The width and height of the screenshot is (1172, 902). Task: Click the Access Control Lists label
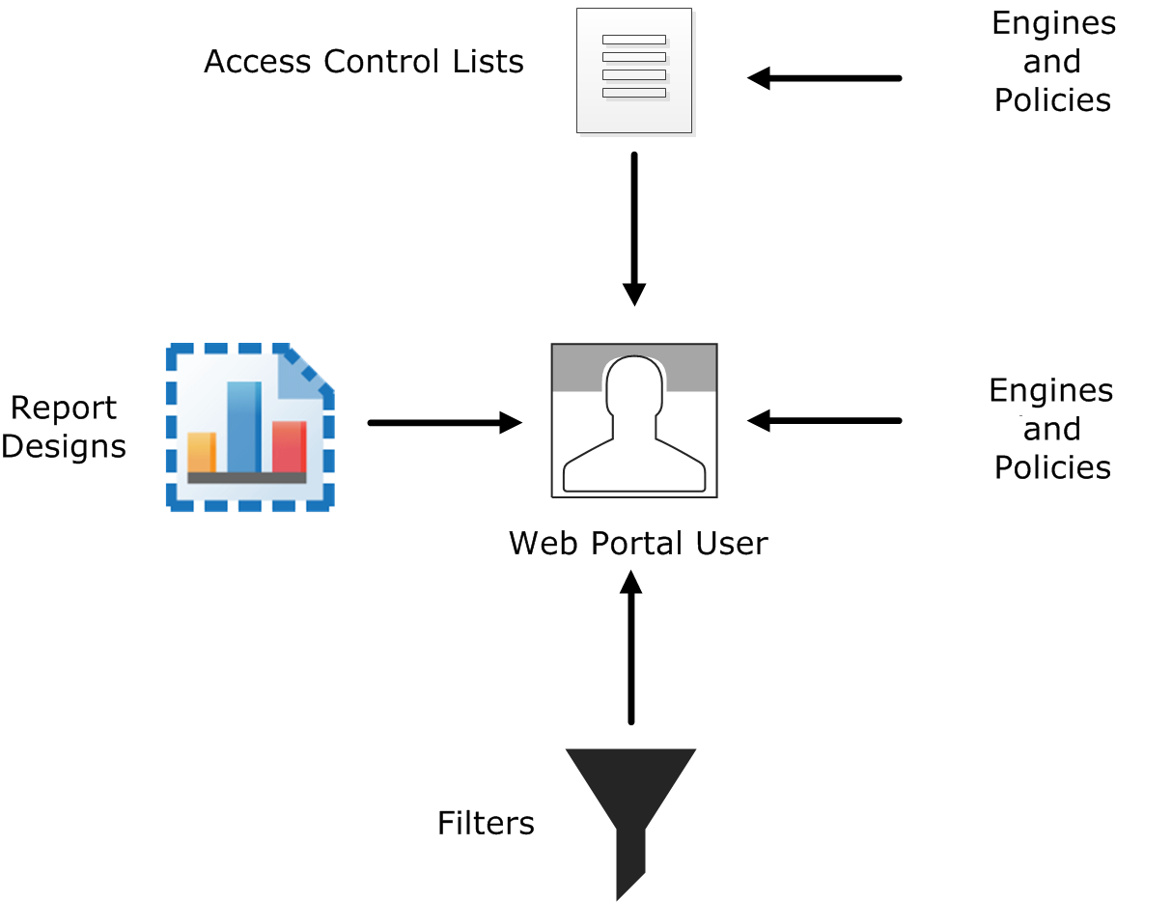tap(364, 62)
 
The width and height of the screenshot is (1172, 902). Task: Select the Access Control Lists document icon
tap(634, 70)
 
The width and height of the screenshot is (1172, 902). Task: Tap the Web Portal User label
tap(638, 543)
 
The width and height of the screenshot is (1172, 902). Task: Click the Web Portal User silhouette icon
tap(634, 421)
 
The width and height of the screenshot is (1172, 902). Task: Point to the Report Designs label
tap(64, 427)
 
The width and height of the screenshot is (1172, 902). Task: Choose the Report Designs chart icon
tap(250, 426)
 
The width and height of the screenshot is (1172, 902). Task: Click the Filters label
tap(486, 823)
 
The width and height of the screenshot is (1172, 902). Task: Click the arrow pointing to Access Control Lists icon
tap(824, 78)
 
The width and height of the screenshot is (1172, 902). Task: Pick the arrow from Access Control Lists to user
tap(634, 228)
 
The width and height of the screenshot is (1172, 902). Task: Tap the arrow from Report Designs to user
tap(444, 422)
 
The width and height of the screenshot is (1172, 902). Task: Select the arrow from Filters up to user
tap(631, 647)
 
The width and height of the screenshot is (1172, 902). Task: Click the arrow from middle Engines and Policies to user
tap(824, 420)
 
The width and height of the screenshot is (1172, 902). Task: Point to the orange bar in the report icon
tap(201, 453)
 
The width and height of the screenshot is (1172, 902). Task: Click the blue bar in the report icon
tap(244, 427)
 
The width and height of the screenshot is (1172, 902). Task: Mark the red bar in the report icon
tap(289, 446)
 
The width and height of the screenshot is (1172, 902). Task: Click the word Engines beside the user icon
tap(1051, 391)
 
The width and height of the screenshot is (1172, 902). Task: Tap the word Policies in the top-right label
tap(1053, 100)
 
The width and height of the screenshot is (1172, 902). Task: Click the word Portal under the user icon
tap(637, 543)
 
